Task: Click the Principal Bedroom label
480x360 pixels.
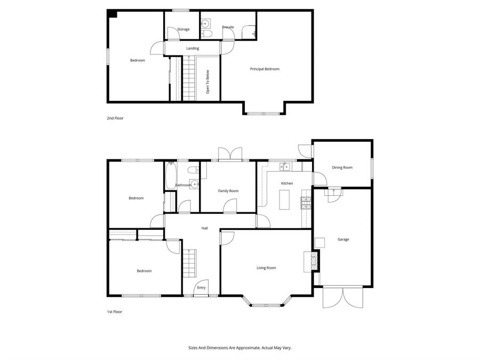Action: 265,69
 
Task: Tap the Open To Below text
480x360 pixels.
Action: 208,82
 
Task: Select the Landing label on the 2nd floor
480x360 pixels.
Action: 193,49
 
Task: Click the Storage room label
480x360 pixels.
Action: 183,29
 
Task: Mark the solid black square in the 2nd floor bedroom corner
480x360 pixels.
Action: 112,14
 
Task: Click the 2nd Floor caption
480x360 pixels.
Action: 115,118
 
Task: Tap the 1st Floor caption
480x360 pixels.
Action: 115,311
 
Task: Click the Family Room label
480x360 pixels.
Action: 228,190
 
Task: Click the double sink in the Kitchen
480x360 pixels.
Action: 285,167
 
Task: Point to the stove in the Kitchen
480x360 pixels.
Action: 306,202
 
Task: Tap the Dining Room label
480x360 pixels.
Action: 342,167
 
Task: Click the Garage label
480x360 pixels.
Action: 343,239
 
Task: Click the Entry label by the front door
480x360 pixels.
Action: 201,287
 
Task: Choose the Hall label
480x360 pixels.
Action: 204,228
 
